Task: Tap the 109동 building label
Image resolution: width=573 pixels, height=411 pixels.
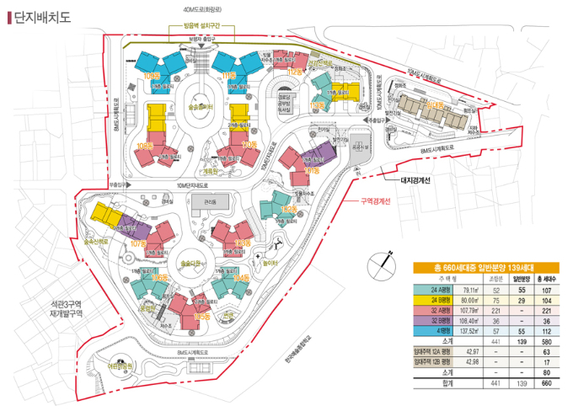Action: [153, 76]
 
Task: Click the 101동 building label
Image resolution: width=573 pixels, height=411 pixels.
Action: [311, 171]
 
